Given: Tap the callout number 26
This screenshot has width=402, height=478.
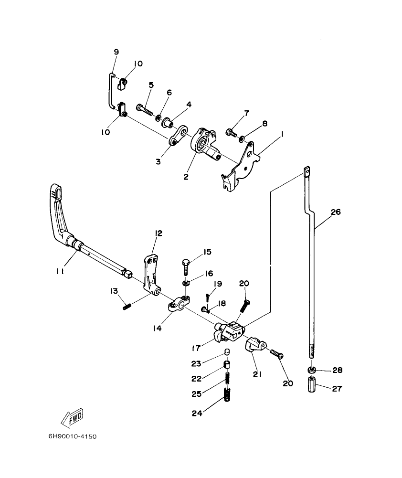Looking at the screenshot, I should click(x=336, y=212).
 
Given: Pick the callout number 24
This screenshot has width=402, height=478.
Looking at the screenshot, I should click(x=197, y=414).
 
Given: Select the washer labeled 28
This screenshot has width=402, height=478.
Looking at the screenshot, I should click(x=311, y=370).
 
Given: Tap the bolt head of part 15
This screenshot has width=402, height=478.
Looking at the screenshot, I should click(x=187, y=262).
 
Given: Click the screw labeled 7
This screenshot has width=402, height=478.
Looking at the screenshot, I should click(x=232, y=131).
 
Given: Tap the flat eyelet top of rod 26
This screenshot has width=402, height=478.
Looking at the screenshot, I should click(x=307, y=171).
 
